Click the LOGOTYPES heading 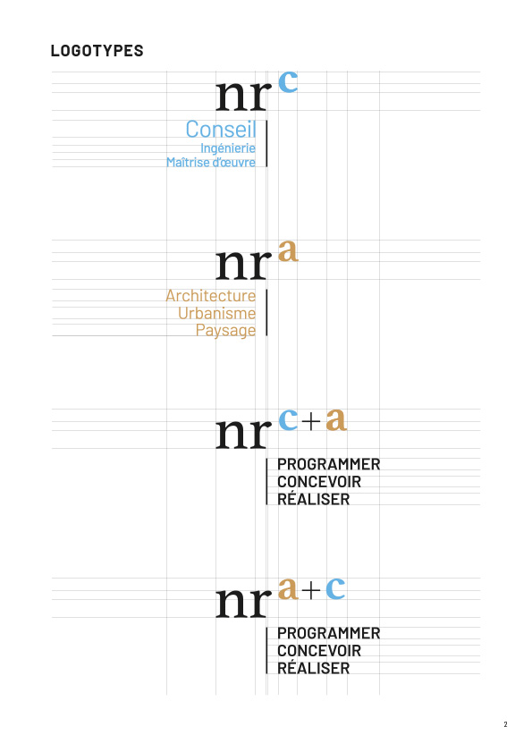tap(97, 51)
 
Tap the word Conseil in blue tap(221, 129)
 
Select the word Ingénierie tap(228, 148)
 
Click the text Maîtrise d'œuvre tap(211, 162)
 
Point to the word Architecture tap(211, 295)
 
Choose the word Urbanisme tap(217, 313)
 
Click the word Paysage tap(225, 331)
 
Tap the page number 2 tap(505, 724)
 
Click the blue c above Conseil tap(288, 81)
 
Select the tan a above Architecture tap(288, 250)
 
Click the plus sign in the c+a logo tap(311, 421)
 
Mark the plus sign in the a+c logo tap(311, 590)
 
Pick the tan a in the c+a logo tap(336, 419)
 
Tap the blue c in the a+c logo tap(335, 588)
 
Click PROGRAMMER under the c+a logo tap(329, 464)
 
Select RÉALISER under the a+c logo tap(314, 667)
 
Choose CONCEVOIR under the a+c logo tap(319, 651)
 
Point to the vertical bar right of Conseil tap(266, 144)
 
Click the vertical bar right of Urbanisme tap(266, 313)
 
